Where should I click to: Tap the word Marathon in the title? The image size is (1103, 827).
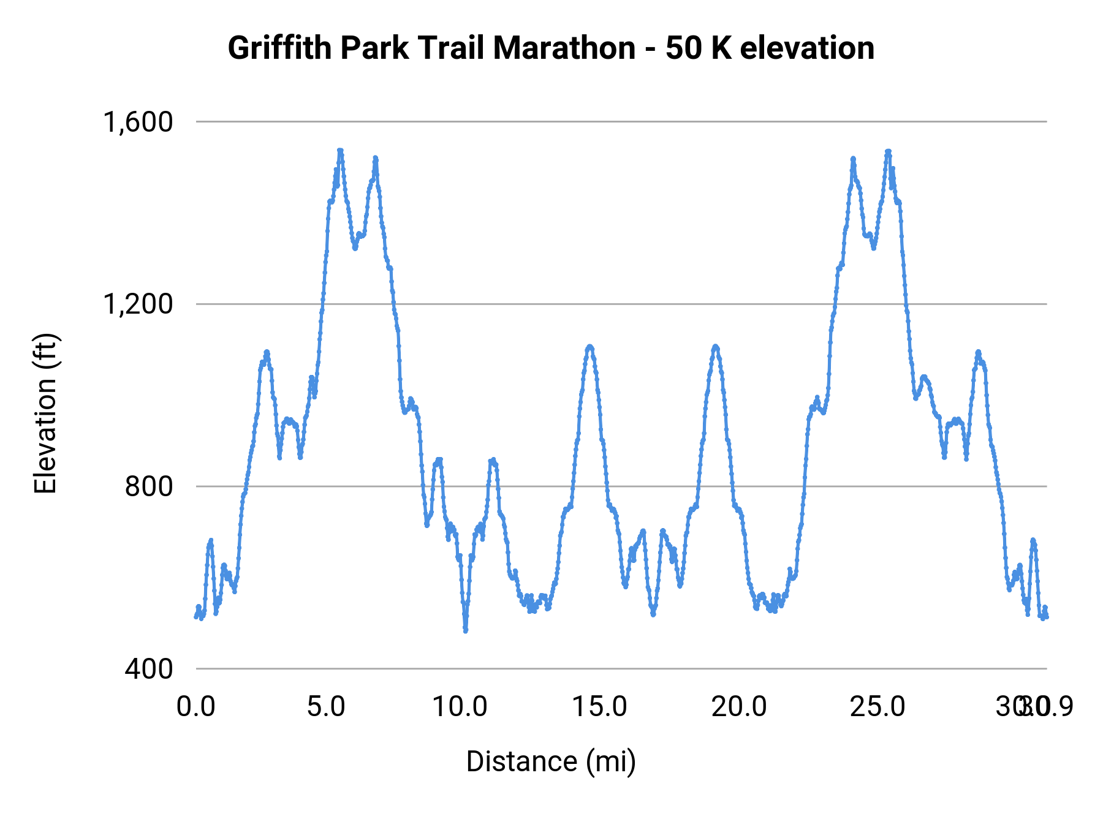click(564, 48)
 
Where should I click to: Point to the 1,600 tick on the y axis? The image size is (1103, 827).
click(138, 122)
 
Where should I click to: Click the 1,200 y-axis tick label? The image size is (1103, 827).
click(138, 304)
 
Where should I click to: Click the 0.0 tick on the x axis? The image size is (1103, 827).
click(196, 707)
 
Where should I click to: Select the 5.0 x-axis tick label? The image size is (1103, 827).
click(326, 707)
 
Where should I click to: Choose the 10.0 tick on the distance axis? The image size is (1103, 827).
click(460, 707)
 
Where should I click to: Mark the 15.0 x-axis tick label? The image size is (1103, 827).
click(599, 707)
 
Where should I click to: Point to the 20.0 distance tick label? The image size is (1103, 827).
click(738, 707)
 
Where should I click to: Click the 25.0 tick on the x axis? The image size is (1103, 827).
click(877, 707)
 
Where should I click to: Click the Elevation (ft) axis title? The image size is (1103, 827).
click(45, 413)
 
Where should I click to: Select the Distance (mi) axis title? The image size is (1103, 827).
click(551, 761)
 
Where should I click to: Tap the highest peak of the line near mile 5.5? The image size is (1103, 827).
click(340, 151)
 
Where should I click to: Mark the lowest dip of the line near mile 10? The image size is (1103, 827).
click(466, 630)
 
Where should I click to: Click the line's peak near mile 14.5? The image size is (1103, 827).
click(590, 347)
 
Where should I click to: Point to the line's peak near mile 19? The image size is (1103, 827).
click(715, 347)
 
